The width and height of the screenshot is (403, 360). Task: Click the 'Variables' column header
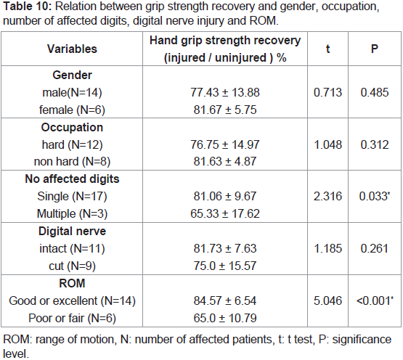pyautogui.click(x=72, y=49)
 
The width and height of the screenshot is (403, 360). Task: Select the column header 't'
pyautogui.click(x=327, y=49)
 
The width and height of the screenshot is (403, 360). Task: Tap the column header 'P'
pyautogui.click(x=375, y=49)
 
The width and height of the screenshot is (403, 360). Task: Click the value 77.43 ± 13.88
pyautogui.click(x=225, y=92)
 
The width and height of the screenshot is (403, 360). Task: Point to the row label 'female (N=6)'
pyautogui.click(x=72, y=110)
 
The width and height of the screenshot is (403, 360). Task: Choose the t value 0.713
pyautogui.click(x=327, y=92)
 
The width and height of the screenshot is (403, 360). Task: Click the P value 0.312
pyautogui.click(x=375, y=144)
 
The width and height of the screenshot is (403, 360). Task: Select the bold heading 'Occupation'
pyautogui.click(x=72, y=128)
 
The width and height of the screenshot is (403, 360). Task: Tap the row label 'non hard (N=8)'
pyautogui.click(x=72, y=162)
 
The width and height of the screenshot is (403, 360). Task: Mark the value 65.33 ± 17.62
pyautogui.click(x=225, y=214)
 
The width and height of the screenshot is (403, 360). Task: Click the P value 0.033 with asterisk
pyautogui.click(x=375, y=196)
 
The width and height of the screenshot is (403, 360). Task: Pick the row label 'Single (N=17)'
pyautogui.click(x=72, y=197)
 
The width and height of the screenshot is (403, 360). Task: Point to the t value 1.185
pyautogui.click(x=327, y=248)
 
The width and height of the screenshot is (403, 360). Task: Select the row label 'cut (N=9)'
pyautogui.click(x=72, y=266)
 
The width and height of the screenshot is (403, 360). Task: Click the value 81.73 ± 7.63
pyautogui.click(x=225, y=248)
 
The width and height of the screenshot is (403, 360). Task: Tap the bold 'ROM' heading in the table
pyautogui.click(x=72, y=283)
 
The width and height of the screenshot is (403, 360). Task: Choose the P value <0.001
pyautogui.click(x=375, y=300)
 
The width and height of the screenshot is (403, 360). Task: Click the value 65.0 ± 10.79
pyautogui.click(x=225, y=318)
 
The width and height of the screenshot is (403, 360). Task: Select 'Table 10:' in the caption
pyautogui.click(x=28, y=6)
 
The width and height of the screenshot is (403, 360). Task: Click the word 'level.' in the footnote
pyautogui.click(x=16, y=354)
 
